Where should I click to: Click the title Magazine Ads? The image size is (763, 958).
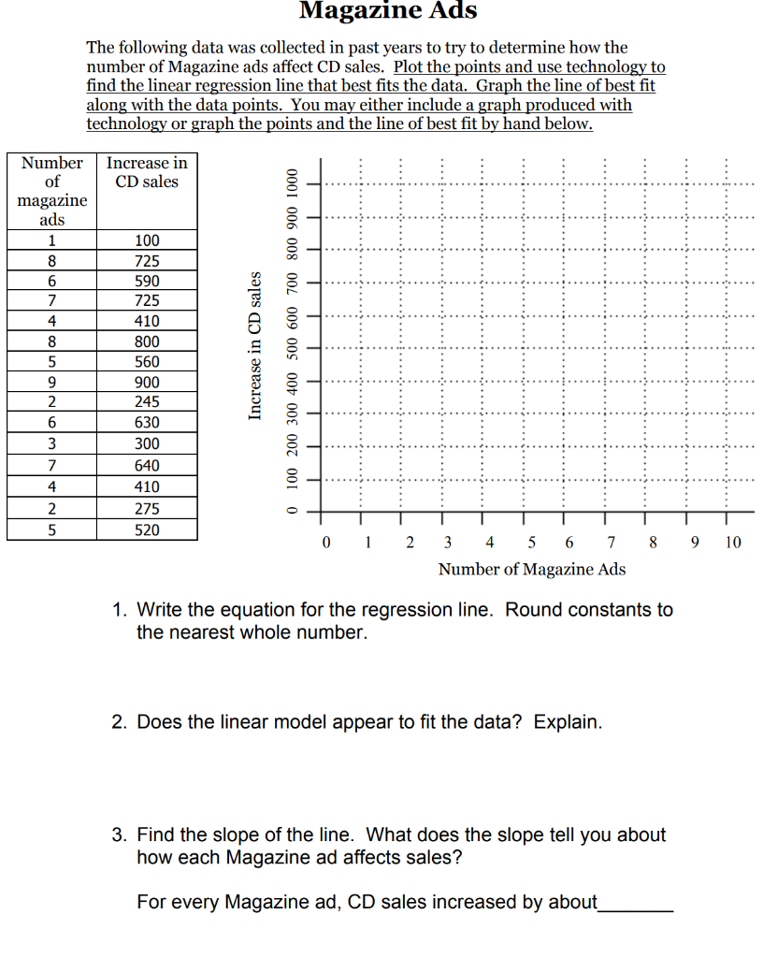pyautogui.click(x=388, y=11)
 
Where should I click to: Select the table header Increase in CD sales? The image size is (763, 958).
pyautogui.click(x=147, y=172)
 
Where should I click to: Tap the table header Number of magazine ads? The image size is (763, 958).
pyautogui.click(x=52, y=191)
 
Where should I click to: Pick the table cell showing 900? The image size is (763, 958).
pyautogui.click(x=147, y=382)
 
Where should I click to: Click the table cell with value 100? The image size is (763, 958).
pyautogui.click(x=147, y=240)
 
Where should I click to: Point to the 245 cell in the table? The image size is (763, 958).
pyautogui.click(x=147, y=401)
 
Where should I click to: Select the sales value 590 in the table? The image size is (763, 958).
pyautogui.click(x=147, y=281)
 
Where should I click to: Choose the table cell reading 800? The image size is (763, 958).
pyautogui.click(x=147, y=341)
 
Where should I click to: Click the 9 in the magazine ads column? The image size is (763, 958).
pyautogui.click(x=52, y=382)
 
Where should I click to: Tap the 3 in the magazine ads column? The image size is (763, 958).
pyautogui.click(x=52, y=443)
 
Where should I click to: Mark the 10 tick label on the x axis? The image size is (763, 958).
pyautogui.click(x=732, y=542)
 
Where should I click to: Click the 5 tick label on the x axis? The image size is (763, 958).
pyautogui.click(x=532, y=542)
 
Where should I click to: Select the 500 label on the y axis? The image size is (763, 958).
pyautogui.click(x=293, y=348)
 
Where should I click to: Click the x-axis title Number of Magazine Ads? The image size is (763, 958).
pyautogui.click(x=532, y=569)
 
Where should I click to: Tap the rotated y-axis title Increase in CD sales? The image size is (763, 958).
pyautogui.click(x=253, y=345)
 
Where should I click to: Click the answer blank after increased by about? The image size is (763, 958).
pyautogui.click(x=635, y=904)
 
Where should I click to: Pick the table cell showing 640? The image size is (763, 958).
pyautogui.click(x=147, y=465)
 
